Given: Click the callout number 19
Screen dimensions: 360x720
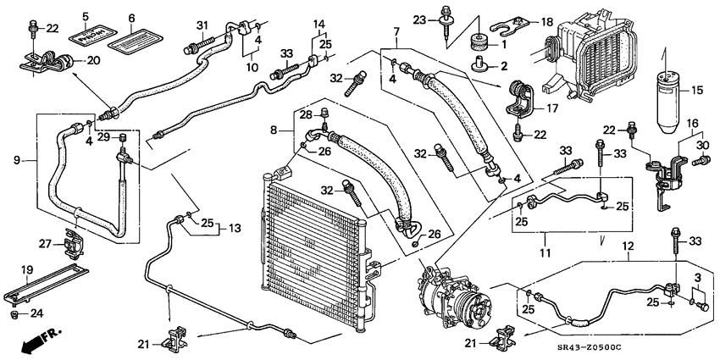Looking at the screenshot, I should (26, 270).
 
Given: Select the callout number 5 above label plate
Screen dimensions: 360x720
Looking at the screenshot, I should (86, 17).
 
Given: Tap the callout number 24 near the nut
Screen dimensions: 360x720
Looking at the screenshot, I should (36, 313).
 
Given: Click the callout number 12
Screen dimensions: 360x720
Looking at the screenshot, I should (628, 246).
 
